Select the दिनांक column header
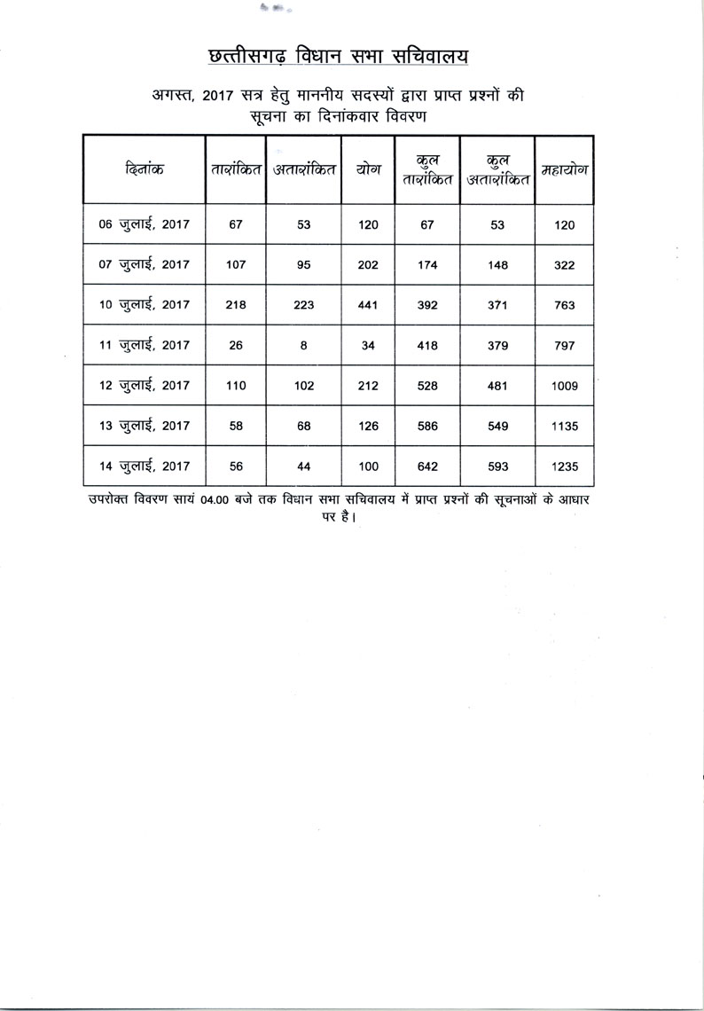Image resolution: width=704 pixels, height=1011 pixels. coord(145,168)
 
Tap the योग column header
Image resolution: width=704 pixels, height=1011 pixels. coord(368,168)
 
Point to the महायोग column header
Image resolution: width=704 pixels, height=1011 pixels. coord(565,168)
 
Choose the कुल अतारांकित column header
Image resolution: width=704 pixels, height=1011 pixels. coord(497,168)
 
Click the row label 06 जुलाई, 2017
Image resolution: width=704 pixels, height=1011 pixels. coord(145,225)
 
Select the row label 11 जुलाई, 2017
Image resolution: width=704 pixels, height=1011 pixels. coord(145,345)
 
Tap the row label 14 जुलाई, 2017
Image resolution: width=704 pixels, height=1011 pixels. coord(145,466)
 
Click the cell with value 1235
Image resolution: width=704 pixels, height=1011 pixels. coord(565,466)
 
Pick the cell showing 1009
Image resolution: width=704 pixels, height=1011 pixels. coord(565,385)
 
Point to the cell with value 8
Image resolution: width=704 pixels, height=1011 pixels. coord(303,345)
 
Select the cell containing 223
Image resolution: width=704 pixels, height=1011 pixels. coord(303,305)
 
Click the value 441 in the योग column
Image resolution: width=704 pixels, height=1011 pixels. coord(368,305)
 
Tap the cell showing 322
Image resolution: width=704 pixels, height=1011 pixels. coord(565,265)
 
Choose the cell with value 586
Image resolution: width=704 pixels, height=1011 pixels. coord(426,426)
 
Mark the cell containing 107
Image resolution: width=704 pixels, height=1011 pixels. coord(235,265)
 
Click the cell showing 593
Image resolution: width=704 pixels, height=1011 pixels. coord(497,466)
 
